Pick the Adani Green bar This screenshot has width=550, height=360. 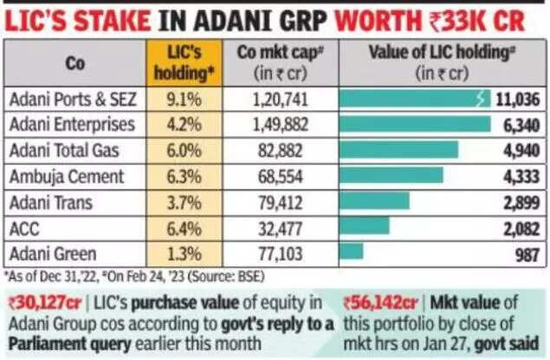352,250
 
